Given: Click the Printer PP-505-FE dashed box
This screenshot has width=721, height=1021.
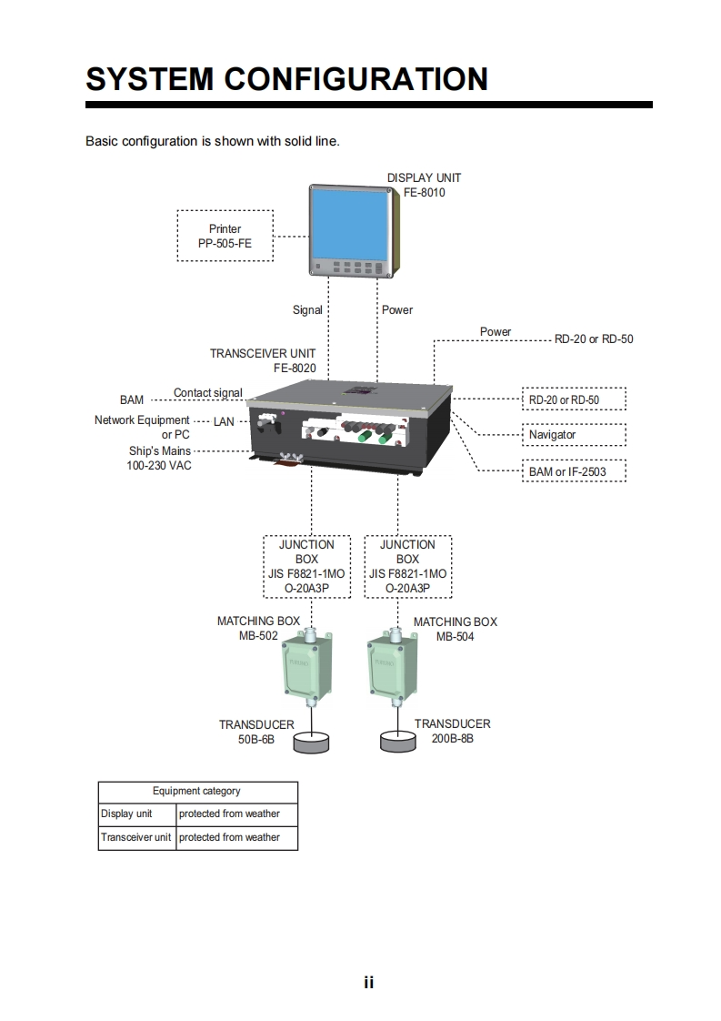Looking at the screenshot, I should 225,236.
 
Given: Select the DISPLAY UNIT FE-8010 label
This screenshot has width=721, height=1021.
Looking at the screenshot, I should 424,185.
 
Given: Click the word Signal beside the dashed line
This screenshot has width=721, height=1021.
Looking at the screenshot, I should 307,310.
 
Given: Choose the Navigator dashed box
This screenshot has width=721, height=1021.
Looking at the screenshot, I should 574,435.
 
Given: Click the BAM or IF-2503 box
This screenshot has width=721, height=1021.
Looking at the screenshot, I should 574,471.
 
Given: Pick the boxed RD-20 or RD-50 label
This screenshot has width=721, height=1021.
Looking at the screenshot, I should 574,399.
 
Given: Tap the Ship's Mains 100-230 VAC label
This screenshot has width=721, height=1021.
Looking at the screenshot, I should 159,458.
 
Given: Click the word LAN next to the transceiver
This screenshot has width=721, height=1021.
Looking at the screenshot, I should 224,422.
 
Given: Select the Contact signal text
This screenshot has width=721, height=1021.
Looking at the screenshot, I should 208,393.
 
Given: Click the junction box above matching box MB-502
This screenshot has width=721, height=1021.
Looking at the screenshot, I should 306,566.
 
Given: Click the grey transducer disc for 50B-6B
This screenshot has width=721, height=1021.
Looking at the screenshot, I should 313,742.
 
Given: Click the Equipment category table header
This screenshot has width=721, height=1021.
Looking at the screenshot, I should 197,792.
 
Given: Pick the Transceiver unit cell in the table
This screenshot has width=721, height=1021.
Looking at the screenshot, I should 136,837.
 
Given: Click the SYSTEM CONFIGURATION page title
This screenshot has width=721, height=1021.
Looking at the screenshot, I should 286,79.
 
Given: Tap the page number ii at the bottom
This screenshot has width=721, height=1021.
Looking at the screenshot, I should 368,982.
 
